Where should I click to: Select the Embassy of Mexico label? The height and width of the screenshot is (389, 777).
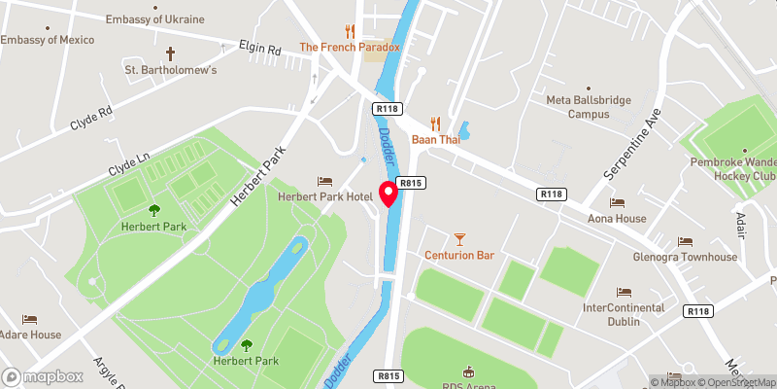pyautogui.click(x=48, y=39)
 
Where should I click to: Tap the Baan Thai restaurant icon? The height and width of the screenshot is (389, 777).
pyautogui.click(x=435, y=124)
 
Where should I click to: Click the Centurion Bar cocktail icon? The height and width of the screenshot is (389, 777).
pyautogui.click(x=459, y=238)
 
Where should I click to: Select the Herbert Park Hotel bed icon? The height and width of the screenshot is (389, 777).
pyautogui.click(x=324, y=182)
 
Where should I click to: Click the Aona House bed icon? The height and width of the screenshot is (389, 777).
pyautogui.click(x=616, y=202)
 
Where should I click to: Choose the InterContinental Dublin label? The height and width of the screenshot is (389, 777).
pyautogui.click(x=623, y=314)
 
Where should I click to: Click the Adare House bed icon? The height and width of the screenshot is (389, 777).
pyautogui.click(x=30, y=319)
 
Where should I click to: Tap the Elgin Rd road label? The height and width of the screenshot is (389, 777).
pyautogui.click(x=260, y=48)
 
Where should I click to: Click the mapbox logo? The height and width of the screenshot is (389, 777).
pyautogui.click(x=43, y=376)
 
